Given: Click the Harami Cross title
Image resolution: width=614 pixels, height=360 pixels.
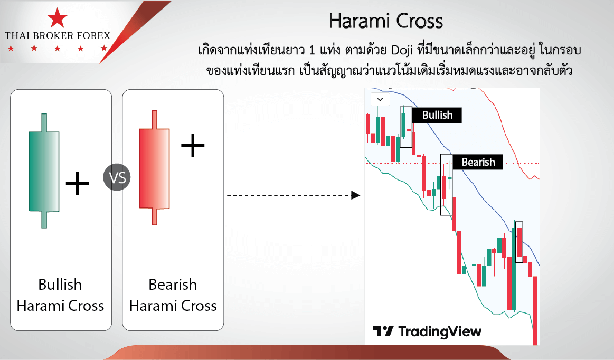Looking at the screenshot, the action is point(386,21).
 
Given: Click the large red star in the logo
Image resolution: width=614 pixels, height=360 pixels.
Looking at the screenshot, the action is point(57,18).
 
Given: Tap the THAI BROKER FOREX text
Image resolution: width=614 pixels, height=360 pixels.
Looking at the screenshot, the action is point(58,36).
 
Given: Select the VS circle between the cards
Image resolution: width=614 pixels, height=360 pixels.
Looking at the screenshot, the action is point(117,177).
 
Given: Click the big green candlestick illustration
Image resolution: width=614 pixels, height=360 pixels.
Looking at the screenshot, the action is point(44,171).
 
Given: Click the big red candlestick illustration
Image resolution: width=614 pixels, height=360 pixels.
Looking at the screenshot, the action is point(154,168).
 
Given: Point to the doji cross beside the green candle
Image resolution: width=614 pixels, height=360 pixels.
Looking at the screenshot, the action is point(77,183).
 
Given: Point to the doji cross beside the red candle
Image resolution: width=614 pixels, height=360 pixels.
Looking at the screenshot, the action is point(193,146).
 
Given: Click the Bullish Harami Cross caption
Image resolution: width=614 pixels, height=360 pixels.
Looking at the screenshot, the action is point(60,295).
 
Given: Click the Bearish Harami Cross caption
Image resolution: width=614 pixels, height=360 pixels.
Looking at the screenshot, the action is point(173,295).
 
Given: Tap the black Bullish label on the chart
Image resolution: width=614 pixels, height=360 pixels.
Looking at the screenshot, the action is point(437,115).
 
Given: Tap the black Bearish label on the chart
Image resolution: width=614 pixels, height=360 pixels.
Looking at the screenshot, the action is point(478,162).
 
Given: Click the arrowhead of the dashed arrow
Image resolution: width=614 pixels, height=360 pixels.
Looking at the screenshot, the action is point(355,195).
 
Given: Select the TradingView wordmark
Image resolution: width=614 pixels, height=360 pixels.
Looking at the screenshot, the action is point(440,332).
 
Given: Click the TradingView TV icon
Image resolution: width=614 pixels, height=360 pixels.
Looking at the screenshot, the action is point(383,331).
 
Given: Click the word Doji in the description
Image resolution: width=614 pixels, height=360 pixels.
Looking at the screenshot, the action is point(402,51).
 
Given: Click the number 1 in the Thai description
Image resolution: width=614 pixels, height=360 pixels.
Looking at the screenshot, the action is point(312,51).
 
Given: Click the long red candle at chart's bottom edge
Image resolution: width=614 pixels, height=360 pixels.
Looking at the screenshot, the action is point(535,310).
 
